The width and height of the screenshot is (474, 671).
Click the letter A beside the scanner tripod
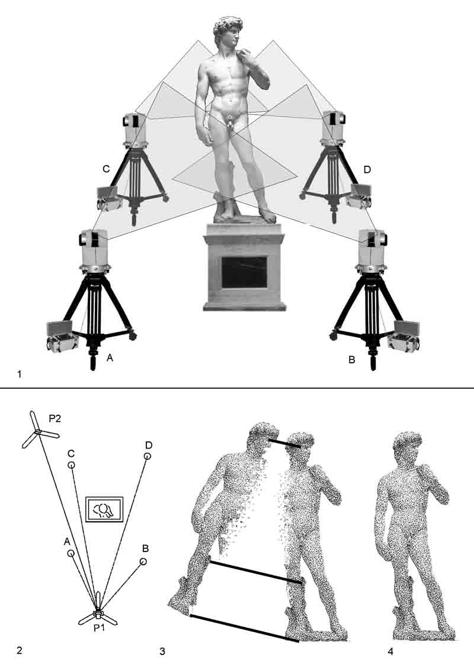110,359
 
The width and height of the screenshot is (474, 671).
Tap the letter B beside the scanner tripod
352,360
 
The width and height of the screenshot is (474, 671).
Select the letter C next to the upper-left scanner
106,169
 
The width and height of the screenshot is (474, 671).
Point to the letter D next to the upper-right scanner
367,170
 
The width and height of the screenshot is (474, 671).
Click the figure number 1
19,374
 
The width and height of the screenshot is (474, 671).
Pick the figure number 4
390,651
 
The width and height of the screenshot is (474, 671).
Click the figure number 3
162,651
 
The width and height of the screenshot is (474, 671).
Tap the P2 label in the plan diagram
55,418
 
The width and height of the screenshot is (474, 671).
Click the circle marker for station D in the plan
148,456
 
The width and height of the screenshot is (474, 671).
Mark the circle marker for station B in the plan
143,562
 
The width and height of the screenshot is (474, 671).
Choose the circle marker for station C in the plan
71,465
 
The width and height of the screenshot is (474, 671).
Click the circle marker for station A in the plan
71,553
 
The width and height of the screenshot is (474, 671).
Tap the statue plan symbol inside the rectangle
103,509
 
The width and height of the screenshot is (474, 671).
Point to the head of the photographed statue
228,31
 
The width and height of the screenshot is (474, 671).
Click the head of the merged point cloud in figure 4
407,445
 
